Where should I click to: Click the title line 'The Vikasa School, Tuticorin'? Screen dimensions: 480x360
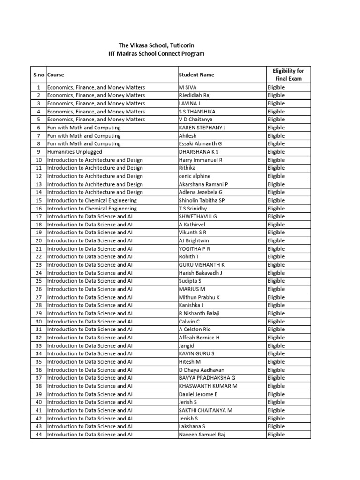pos(156,45)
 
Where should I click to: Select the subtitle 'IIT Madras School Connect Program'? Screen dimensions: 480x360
pos(156,54)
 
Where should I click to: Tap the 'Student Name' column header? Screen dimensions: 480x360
pos(196,75)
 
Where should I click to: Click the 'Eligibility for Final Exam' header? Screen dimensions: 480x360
pos(288,75)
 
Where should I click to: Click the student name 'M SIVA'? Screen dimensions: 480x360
pos(188,87)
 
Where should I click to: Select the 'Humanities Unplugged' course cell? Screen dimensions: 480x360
pos(74,152)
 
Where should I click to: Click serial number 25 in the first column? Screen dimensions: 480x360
pos(38,281)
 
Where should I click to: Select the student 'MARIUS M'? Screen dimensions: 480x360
pos(192,289)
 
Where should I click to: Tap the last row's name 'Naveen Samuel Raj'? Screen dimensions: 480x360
pos(202,435)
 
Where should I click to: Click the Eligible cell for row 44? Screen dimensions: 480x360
pos(276,435)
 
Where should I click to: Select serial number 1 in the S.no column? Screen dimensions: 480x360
pos(38,87)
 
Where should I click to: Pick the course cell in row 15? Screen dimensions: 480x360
pos(92,200)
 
